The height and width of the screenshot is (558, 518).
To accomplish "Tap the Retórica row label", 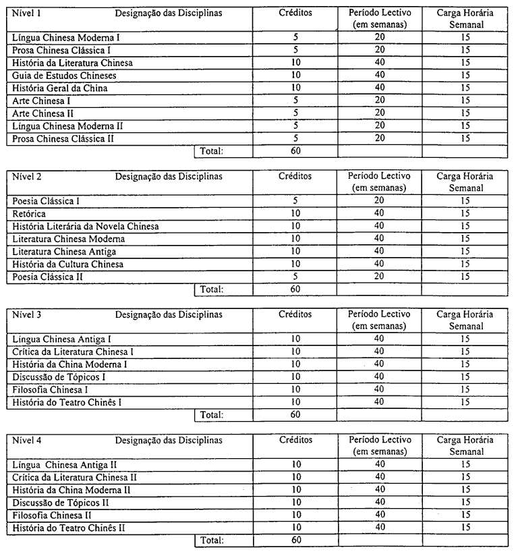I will pos(30,214).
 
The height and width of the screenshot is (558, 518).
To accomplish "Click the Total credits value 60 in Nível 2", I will pos(295,289).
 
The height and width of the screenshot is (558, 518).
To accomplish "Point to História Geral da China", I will pos(60,88).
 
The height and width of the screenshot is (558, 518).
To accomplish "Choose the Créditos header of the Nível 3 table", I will pos(295,314).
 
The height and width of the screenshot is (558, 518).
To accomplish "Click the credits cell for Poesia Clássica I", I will pos(295,201).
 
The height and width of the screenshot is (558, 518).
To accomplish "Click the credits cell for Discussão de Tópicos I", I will pos(295,376).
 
